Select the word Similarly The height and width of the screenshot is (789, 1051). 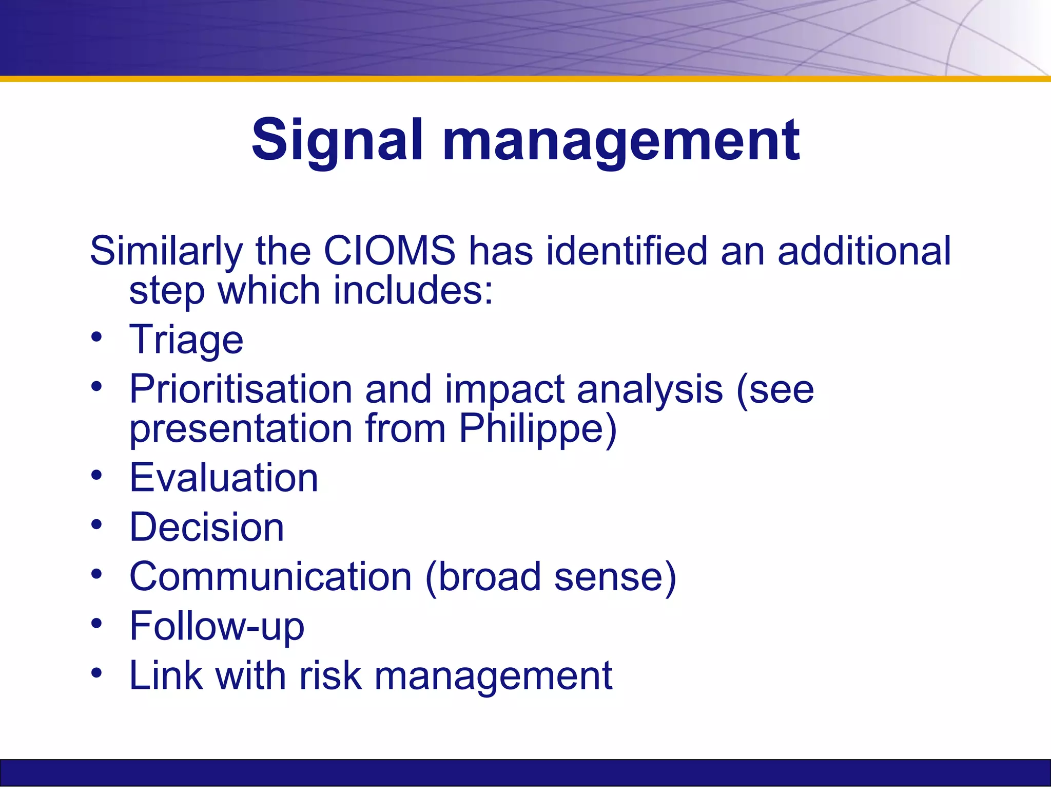(166, 251)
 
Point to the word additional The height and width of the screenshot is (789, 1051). (864, 251)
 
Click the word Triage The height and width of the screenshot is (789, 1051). (186, 340)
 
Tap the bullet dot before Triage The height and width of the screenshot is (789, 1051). (96, 337)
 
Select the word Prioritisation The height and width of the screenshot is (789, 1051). (241, 389)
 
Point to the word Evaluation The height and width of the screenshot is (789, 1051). (224, 478)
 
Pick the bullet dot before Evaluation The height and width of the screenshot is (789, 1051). (96, 475)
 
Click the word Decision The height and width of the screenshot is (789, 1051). (207, 527)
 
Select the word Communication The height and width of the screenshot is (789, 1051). (270, 576)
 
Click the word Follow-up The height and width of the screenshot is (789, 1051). (217, 626)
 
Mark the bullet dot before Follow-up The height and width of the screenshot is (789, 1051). (96, 623)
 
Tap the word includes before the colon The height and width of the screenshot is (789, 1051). (408, 290)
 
